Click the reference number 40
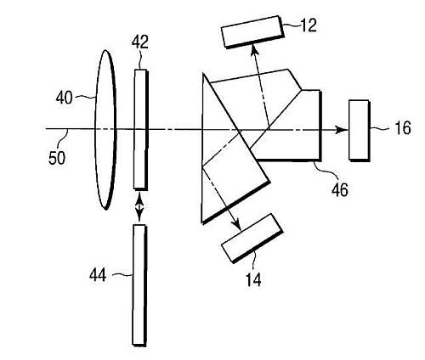pos(64,98)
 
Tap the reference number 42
pos(140,42)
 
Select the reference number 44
pos(98,275)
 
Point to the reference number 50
pos(57,158)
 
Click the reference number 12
pos(309,25)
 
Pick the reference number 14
pos(253,280)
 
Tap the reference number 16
pos(402,128)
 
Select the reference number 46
pos(340,189)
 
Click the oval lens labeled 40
pos(105,130)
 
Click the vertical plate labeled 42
pos(141,129)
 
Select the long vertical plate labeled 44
pos(139,285)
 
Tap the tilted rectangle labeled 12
pos(252,31)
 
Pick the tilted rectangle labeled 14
pos(252,239)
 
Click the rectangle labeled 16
pos(360,131)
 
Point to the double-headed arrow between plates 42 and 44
pos(139,207)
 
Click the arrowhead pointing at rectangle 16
pos(343,130)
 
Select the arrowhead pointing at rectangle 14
pos(237,225)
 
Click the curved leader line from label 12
pos(292,25)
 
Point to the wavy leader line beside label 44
pos(122,274)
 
